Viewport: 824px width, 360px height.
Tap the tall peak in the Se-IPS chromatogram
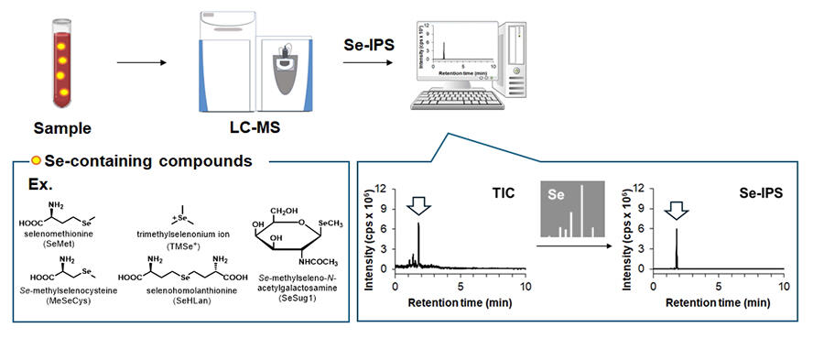pyautogui.click(x=677, y=247)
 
